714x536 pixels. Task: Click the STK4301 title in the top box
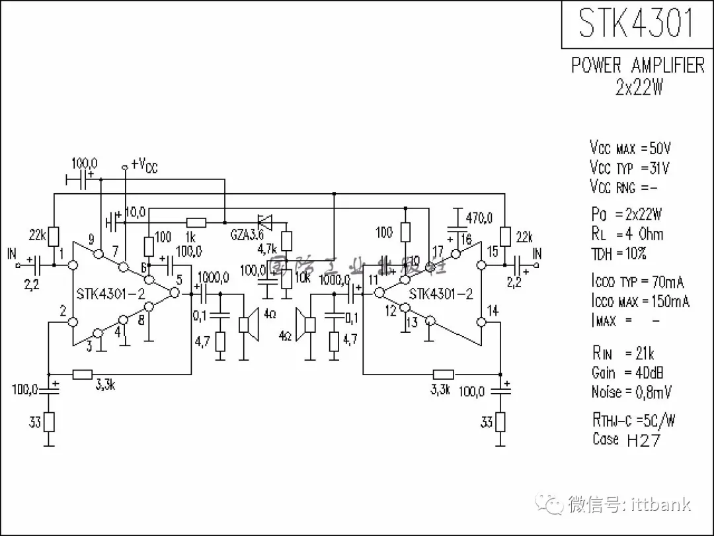pos(637,23)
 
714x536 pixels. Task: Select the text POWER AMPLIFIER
pos(637,66)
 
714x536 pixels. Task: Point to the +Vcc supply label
pos(145,165)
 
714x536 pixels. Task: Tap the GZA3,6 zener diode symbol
pos(266,221)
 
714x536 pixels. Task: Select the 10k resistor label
pos(302,277)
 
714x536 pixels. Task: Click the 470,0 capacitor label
pos(479,218)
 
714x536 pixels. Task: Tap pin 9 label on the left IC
pos(91,240)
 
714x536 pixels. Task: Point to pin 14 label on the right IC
pos(493,310)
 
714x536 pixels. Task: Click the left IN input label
pos(12,253)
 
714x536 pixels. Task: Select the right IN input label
pos(537,253)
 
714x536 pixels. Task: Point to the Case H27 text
pos(625,439)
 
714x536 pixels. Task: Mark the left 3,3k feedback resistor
pos(82,375)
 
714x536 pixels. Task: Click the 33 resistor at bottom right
pos(500,422)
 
